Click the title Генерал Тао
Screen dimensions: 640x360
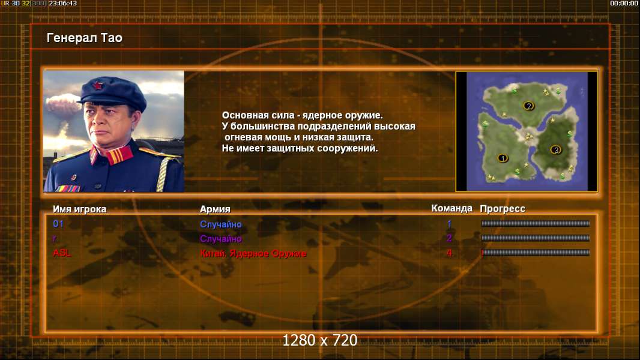coord(85,38)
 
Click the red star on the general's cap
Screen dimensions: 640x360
coord(97,85)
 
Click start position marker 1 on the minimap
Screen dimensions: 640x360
coord(503,158)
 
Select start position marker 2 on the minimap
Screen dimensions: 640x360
coord(528,106)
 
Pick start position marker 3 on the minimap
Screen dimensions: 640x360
coord(555,150)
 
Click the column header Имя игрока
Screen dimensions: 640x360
coord(80,209)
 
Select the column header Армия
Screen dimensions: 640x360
coord(215,209)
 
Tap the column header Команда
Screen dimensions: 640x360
coord(452,208)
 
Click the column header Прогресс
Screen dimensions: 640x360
coord(503,209)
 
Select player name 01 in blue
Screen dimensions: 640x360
coord(58,223)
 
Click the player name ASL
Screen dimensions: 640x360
coord(62,253)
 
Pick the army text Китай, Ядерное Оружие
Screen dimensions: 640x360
coord(253,254)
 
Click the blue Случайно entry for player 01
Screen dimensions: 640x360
coord(221,224)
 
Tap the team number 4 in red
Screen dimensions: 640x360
coord(450,253)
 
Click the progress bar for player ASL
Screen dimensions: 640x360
coord(536,253)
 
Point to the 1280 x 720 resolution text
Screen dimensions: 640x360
coord(320,340)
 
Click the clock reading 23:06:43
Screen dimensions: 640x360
coord(63,3)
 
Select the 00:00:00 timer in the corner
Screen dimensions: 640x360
coord(624,3)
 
